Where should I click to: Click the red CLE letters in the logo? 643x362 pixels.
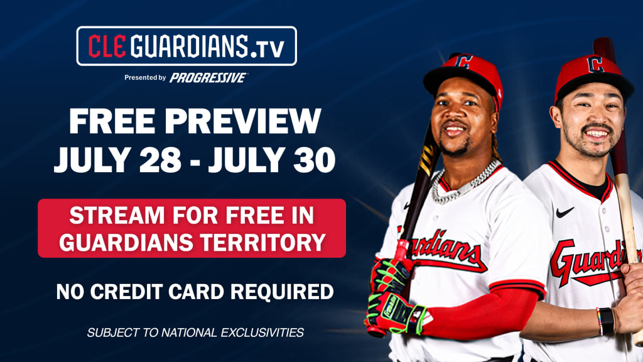tap(107, 46)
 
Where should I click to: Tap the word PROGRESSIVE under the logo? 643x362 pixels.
tap(208, 77)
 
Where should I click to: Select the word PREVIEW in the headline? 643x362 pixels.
tap(243, 121)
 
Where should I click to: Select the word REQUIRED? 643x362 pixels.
tap(282, 292)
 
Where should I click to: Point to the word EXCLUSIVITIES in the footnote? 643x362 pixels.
tap(262, 332)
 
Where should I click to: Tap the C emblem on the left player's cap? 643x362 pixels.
tap(463, 62)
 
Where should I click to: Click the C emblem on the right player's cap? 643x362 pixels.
tap(595, 65)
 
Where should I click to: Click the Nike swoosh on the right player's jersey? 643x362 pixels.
tap(565, 212)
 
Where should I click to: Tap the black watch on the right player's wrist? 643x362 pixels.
tap(607, 321)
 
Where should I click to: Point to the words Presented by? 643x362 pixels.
tap(145, 77)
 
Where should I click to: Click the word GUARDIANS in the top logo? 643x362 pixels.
tap(190, 46)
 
